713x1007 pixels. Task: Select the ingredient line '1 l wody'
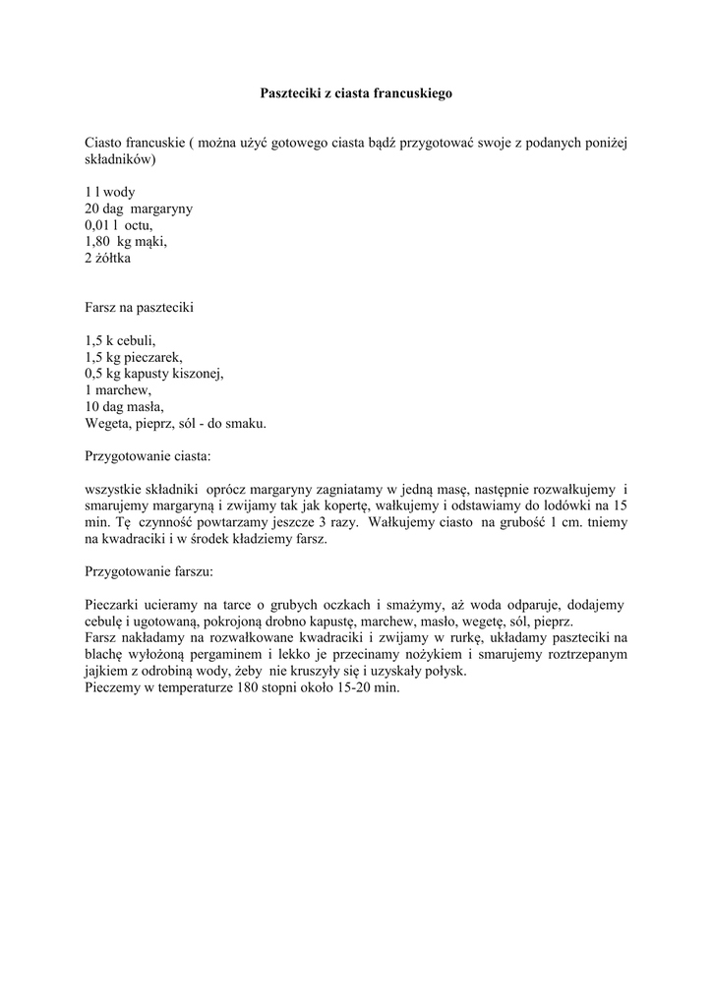110,192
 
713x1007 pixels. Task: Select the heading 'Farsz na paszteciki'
140,308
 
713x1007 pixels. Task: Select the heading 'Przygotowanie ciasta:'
148,457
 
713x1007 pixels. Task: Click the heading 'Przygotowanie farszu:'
149,571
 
